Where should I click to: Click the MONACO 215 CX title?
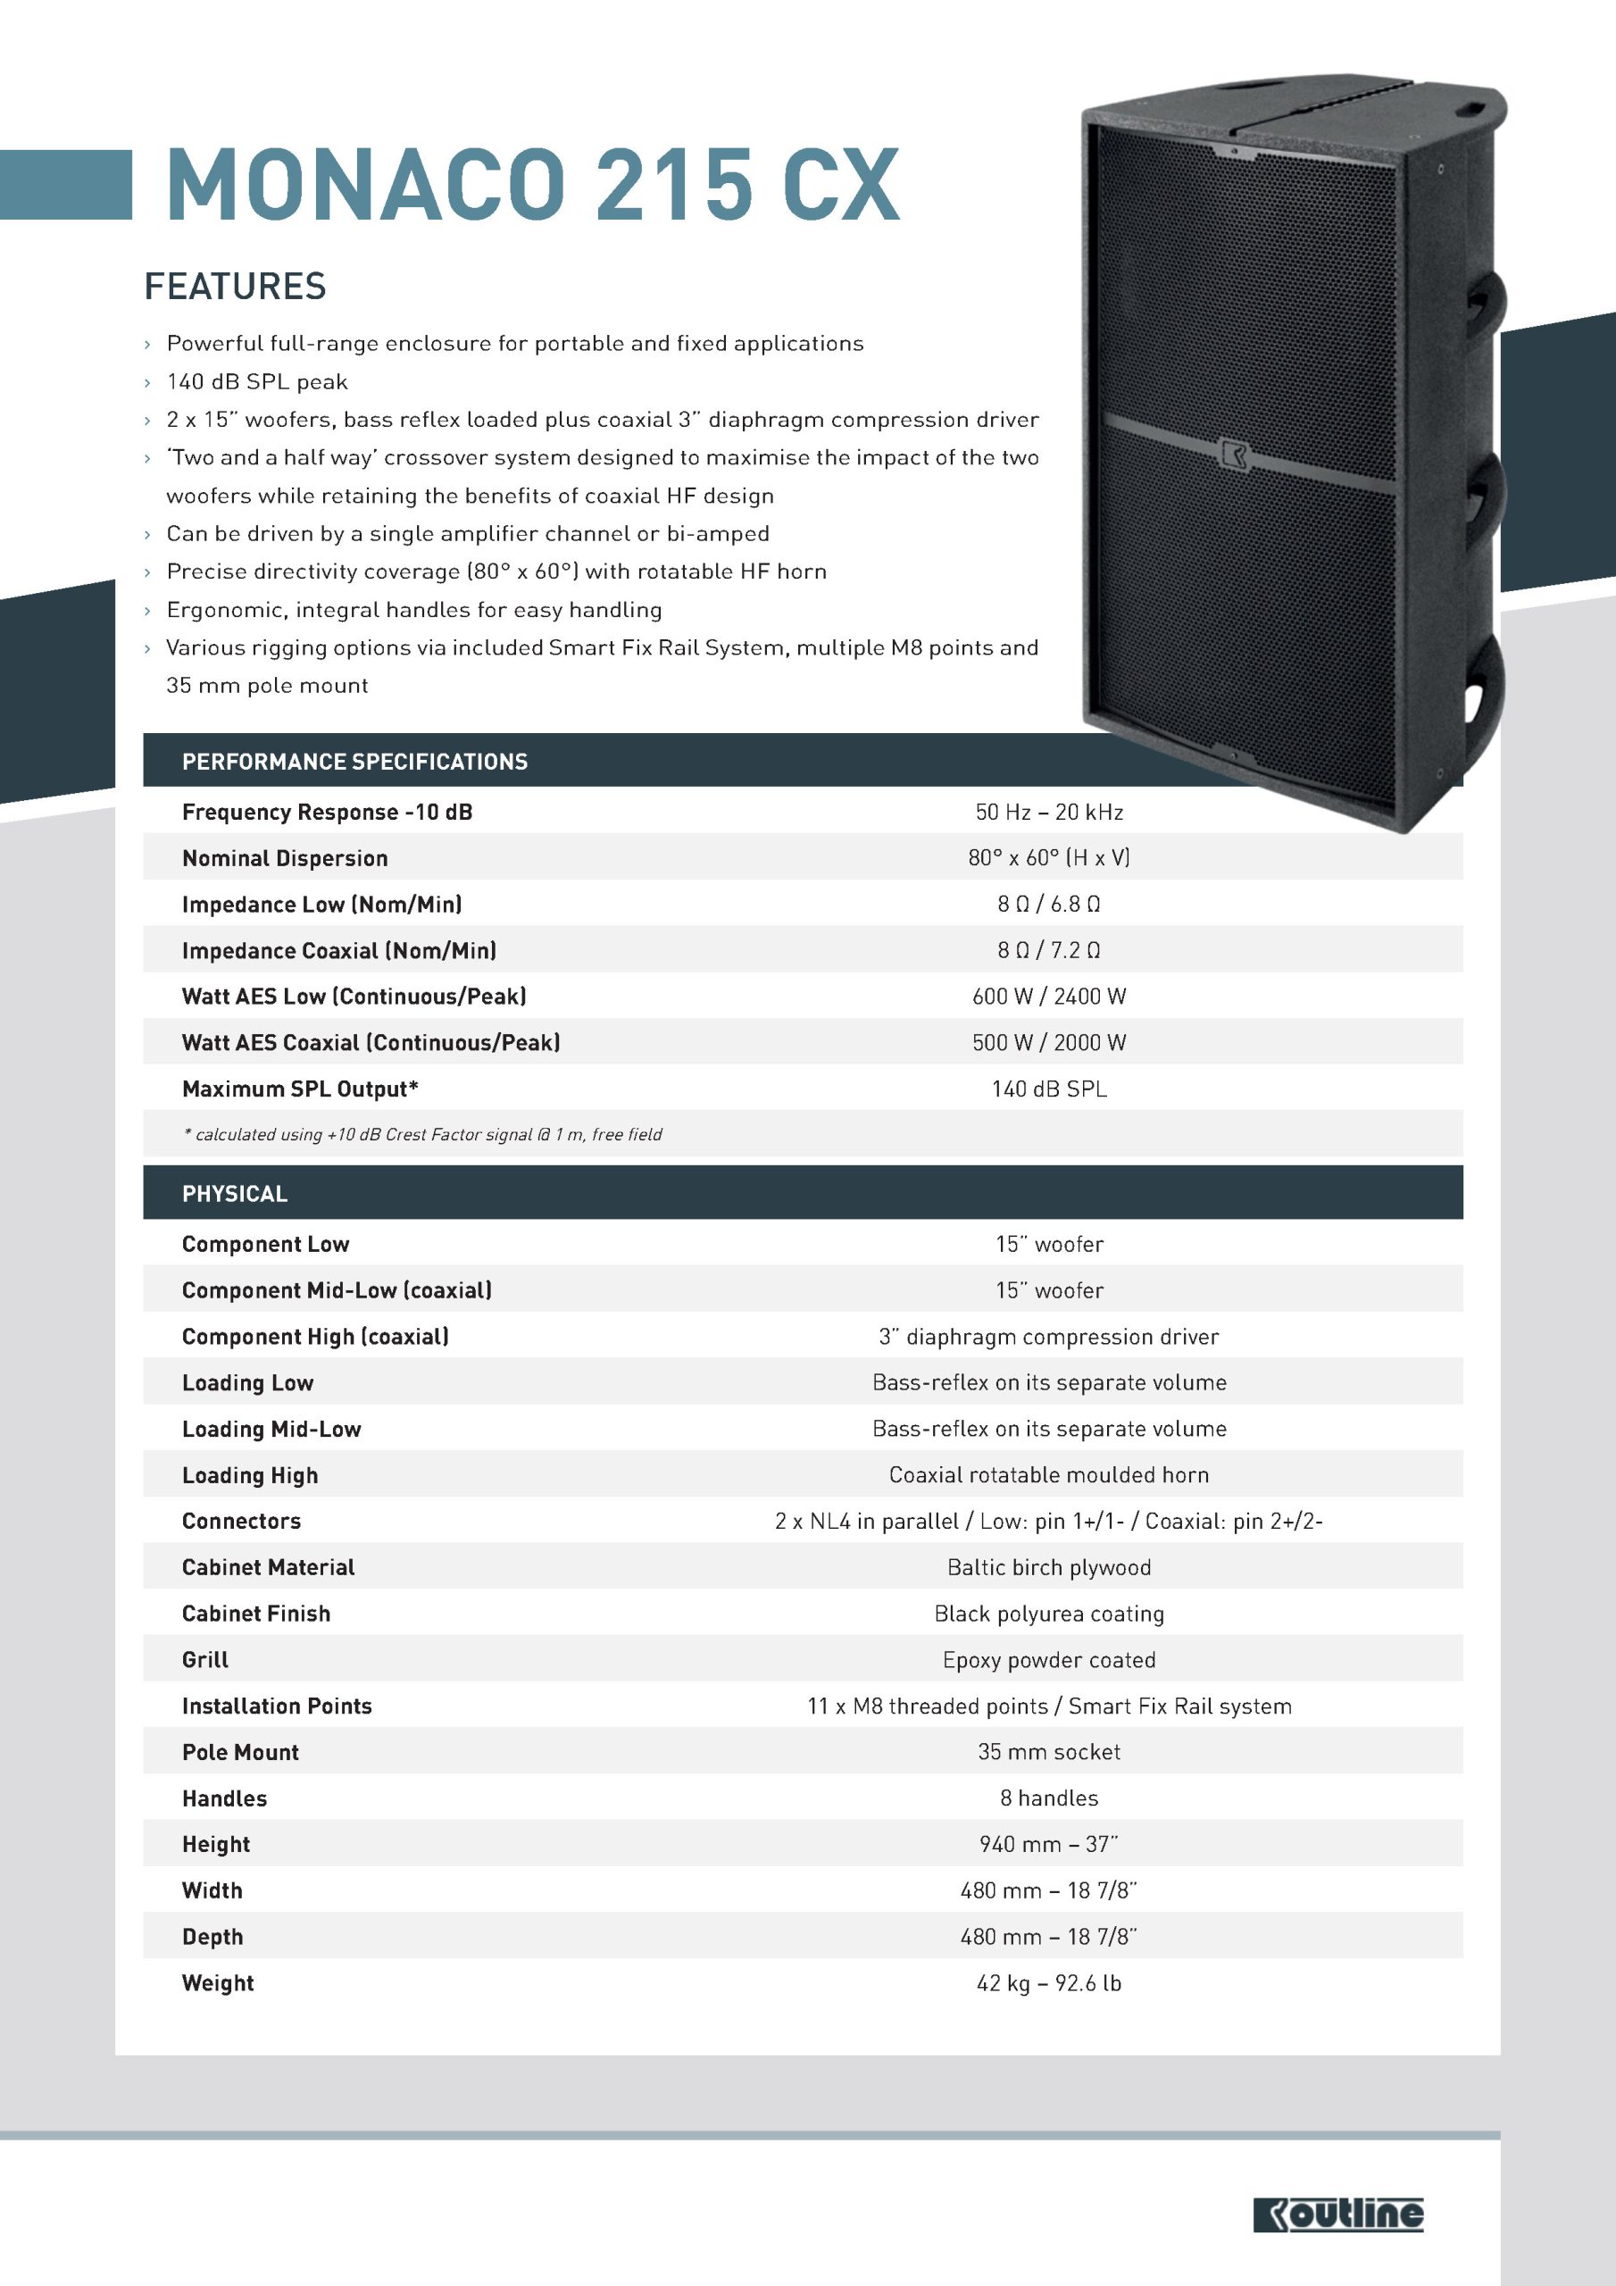coord(533,185)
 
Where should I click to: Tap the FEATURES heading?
coord(235,287)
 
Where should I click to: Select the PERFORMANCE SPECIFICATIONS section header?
coord(354,762)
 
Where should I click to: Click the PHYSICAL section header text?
coord(234,1194)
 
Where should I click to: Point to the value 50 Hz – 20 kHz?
coord(1048,813)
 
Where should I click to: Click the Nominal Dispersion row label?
coord(285,858)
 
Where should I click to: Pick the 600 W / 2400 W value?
coord(1048,997)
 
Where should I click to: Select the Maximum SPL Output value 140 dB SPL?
coord(1048,1089)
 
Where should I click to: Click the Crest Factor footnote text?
coord(423,1135)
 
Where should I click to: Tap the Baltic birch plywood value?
coord(1048,1567)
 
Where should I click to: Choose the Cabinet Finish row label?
coord(256,1614)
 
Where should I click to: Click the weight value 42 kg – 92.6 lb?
coord(1048,1983)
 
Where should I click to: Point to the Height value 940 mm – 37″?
coord(1048,1844)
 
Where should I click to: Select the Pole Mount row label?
coord(240,1752)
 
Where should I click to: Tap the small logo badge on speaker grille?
coord(1233,452)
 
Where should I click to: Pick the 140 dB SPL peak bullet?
coord(257,382)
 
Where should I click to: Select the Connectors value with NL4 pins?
coord(1048,1522)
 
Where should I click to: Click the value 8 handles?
coord(1048,1798)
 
